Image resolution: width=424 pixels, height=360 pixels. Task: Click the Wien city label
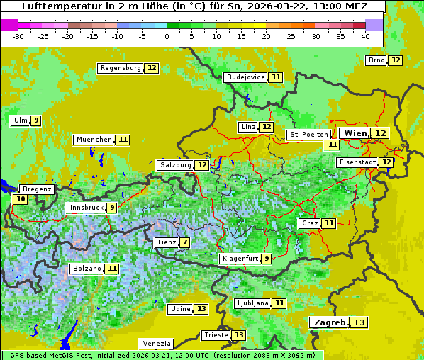point(355,133)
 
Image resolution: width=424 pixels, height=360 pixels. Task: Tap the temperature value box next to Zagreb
point(360,322)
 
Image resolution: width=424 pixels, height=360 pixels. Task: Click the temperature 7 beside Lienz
point(185,242)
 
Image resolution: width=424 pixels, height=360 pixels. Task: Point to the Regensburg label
point(120,68)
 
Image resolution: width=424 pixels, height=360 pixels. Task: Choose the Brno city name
point(376,60)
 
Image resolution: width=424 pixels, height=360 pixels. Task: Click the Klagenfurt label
point(239,259)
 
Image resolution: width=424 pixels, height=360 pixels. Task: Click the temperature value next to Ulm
point(35,120)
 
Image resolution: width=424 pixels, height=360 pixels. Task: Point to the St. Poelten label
point(308,134)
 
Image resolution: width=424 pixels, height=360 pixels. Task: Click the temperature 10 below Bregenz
point(21,199)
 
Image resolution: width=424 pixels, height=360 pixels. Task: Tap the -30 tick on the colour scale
point(18,36)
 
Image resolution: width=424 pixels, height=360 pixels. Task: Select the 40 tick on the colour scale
point(365,36)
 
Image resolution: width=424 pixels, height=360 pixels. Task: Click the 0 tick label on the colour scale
point(167,36)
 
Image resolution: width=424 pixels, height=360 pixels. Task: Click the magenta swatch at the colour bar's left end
point(10,25)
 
